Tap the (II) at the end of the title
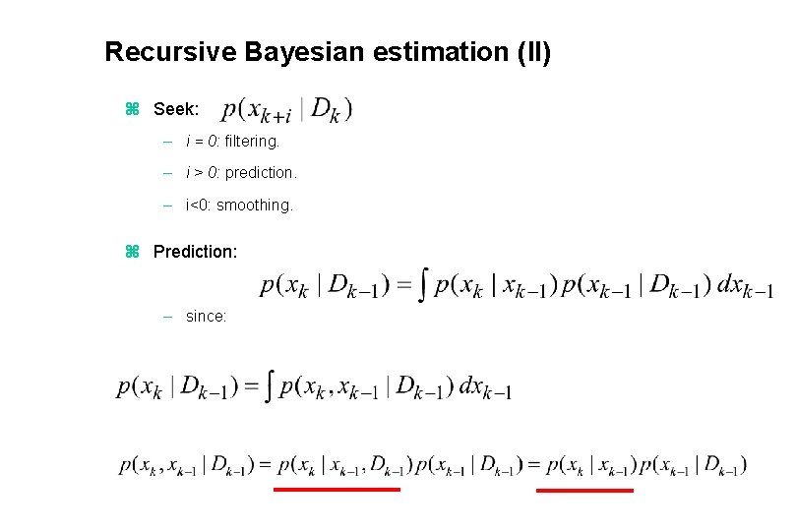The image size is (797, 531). point(533,51)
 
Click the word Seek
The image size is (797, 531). point(176,109)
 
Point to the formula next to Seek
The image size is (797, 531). point(286,109)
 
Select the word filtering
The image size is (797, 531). point(252,141)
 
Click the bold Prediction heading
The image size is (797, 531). point(195,252)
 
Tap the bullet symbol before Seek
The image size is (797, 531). point(134,109)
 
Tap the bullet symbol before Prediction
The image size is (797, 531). point(134,252)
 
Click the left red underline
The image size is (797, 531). point(337,489)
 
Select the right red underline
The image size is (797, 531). point(584,489)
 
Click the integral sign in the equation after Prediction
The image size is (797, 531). point(423,286)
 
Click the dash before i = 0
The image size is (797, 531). point(169,141)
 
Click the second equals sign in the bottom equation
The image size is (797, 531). point(533,464)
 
